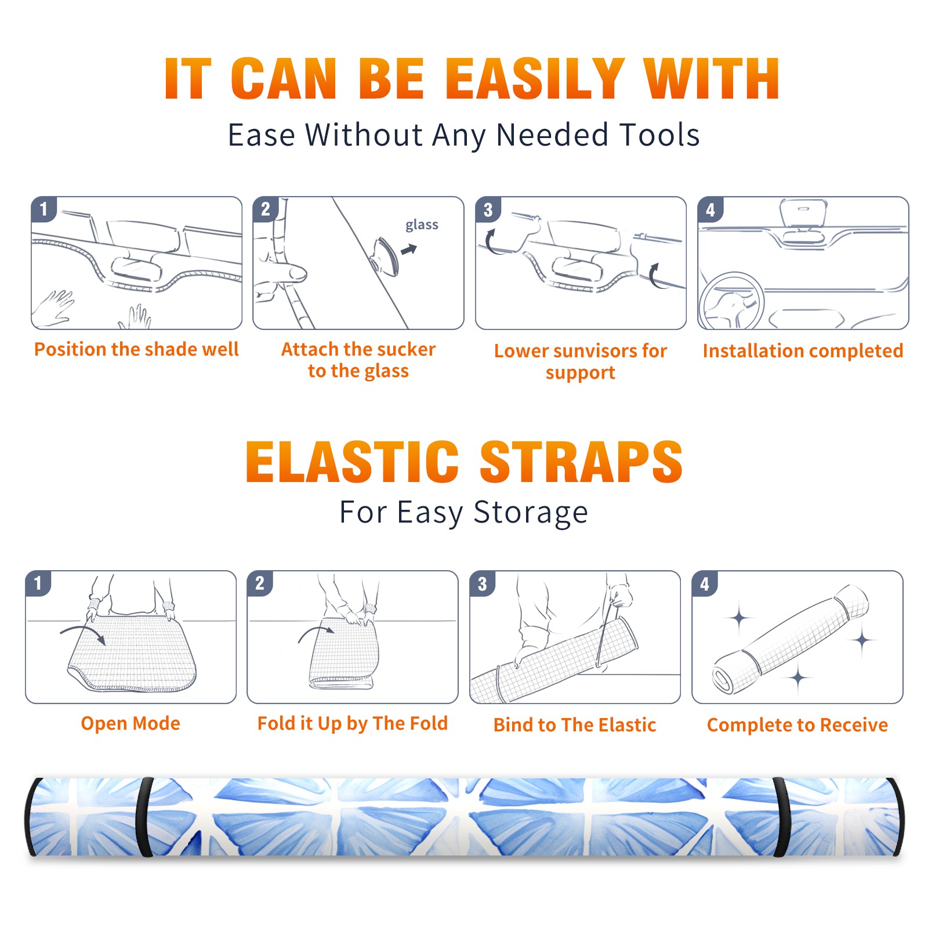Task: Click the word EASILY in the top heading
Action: coord(534,79)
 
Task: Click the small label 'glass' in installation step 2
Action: coord(422,225)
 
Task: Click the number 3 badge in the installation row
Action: coord(488,209)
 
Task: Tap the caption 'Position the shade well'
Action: coord(136,349)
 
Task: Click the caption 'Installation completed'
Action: coord(803,350)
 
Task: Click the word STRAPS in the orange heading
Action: coord(581,462)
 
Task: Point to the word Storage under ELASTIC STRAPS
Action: coord(531,513)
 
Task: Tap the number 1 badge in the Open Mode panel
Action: coord(38,583)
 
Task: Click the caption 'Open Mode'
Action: coord(130,723)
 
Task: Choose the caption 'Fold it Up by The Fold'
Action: coord(353,723)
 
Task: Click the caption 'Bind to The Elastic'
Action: coord(575,724)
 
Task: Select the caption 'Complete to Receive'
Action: coord(797,725)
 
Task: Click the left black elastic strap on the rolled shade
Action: coord(143,817)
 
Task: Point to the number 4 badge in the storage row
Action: coord(705,583)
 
